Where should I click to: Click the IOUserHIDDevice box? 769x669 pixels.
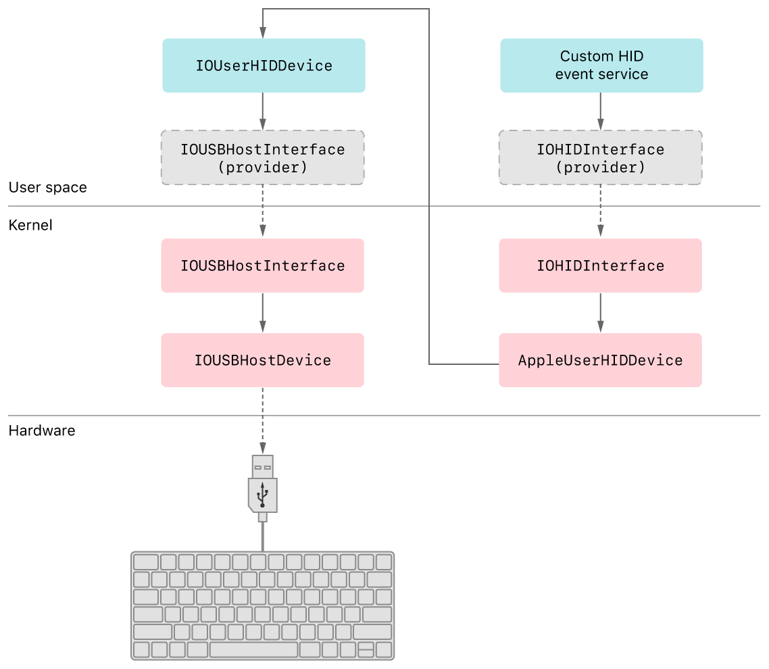click(264, 66)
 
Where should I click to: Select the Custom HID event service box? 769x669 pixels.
click(601, 66)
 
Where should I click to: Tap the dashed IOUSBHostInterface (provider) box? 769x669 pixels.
click(262, 157)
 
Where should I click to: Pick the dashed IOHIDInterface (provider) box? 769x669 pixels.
click(600, 157)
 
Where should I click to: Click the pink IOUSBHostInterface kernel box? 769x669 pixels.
click(262, 266)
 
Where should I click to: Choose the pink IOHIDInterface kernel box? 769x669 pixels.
click(600, 266)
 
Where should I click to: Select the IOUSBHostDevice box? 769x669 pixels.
click(262, 360)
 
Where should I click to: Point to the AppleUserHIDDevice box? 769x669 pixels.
click(600, 360)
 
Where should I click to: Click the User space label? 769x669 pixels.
click(47, 187)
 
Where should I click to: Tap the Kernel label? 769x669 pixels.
click(30, 225)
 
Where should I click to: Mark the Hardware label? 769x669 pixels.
click(42, 430)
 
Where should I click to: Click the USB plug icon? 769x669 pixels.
click(263, 487)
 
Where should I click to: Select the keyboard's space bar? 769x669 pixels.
click(253, 650)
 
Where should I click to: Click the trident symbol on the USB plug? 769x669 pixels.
click(263, 495)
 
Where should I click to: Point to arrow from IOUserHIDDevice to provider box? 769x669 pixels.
click(263, 111)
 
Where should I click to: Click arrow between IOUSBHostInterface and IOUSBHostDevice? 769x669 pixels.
click(263, 312)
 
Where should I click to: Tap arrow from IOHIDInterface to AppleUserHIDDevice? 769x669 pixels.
click(601, 312)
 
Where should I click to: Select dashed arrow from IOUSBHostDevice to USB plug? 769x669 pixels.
click(263, 419)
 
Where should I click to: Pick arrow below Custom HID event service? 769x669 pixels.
click(601, 111)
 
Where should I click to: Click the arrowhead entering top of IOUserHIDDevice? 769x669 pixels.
click(263, 32)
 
